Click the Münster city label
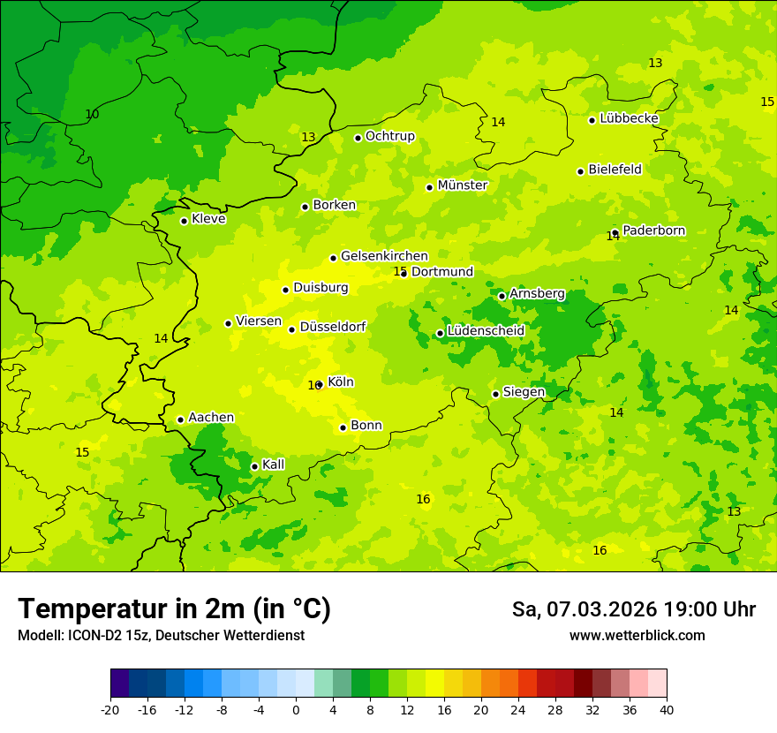pos(462,185)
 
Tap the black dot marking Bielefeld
pos(580,171)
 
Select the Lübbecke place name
pos(629,118)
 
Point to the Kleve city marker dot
pos(184,221)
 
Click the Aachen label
pos(211,418)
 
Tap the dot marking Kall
pos(254,466)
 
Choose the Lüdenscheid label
pos(486,331)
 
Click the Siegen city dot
pos(495,394)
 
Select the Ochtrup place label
pos(389,136)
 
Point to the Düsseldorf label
pos(333,327)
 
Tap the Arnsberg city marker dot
pos(502,296)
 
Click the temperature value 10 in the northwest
pos(92,115)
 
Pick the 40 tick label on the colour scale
pos(666,710)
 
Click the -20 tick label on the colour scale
pos(110,710)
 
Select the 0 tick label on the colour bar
pos(296,710)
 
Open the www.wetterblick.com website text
pos(637,636)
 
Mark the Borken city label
pos(334,205)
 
